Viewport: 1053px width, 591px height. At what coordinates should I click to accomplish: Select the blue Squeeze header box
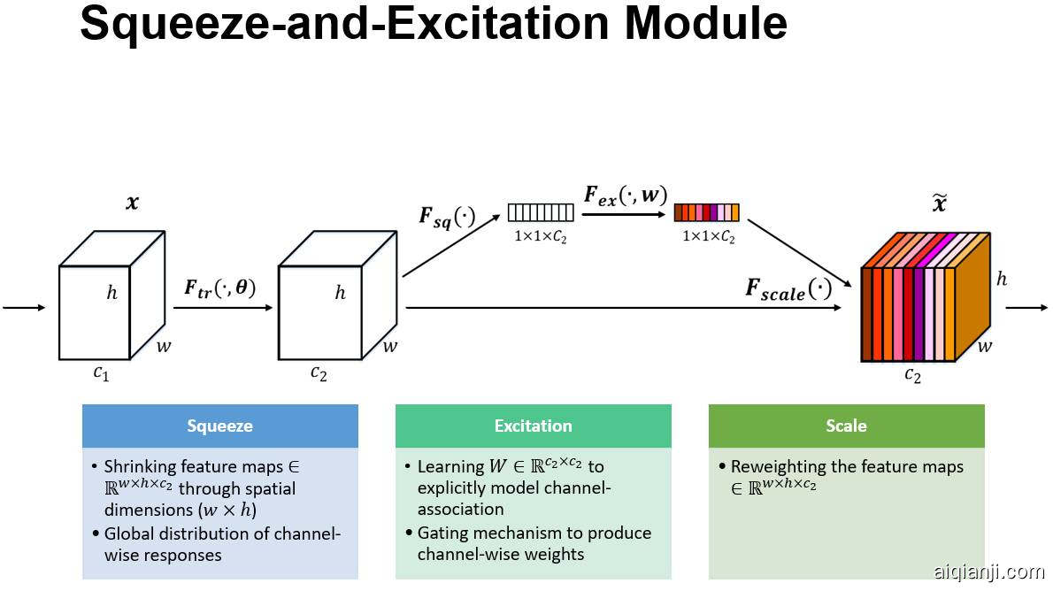click(x=219, y=426)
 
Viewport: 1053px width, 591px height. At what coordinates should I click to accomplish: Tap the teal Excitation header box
click(x=533, y=426)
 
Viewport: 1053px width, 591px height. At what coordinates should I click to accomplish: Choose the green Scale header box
click(x=846, y=426)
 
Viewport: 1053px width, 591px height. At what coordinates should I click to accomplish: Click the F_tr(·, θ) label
click(x=219, y=288)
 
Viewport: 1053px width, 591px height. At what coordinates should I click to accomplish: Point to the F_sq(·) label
click(x=447, y=217)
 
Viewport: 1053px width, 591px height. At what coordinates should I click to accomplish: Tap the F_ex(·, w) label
click(x=625, y=195)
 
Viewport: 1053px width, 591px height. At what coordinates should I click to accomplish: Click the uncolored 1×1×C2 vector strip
click(x=541, y=212)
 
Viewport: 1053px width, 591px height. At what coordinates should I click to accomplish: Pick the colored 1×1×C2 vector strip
click(x=706, y=212)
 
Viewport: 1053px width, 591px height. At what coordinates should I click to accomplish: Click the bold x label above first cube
click(x=133, y=203)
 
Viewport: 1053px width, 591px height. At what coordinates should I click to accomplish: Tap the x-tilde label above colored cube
click(x=940, y=204)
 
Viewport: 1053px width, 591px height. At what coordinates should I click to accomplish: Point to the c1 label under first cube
click(x=102, y=372)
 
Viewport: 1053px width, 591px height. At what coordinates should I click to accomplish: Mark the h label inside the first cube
click(x=111, y=293)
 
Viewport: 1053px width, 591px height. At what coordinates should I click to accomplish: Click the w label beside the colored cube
click(x=985, y=346)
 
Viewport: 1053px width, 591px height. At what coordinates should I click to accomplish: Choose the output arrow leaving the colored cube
click(x=1026, y=308)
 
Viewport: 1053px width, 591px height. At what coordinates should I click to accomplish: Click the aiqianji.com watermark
click(x=988, y=572)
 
